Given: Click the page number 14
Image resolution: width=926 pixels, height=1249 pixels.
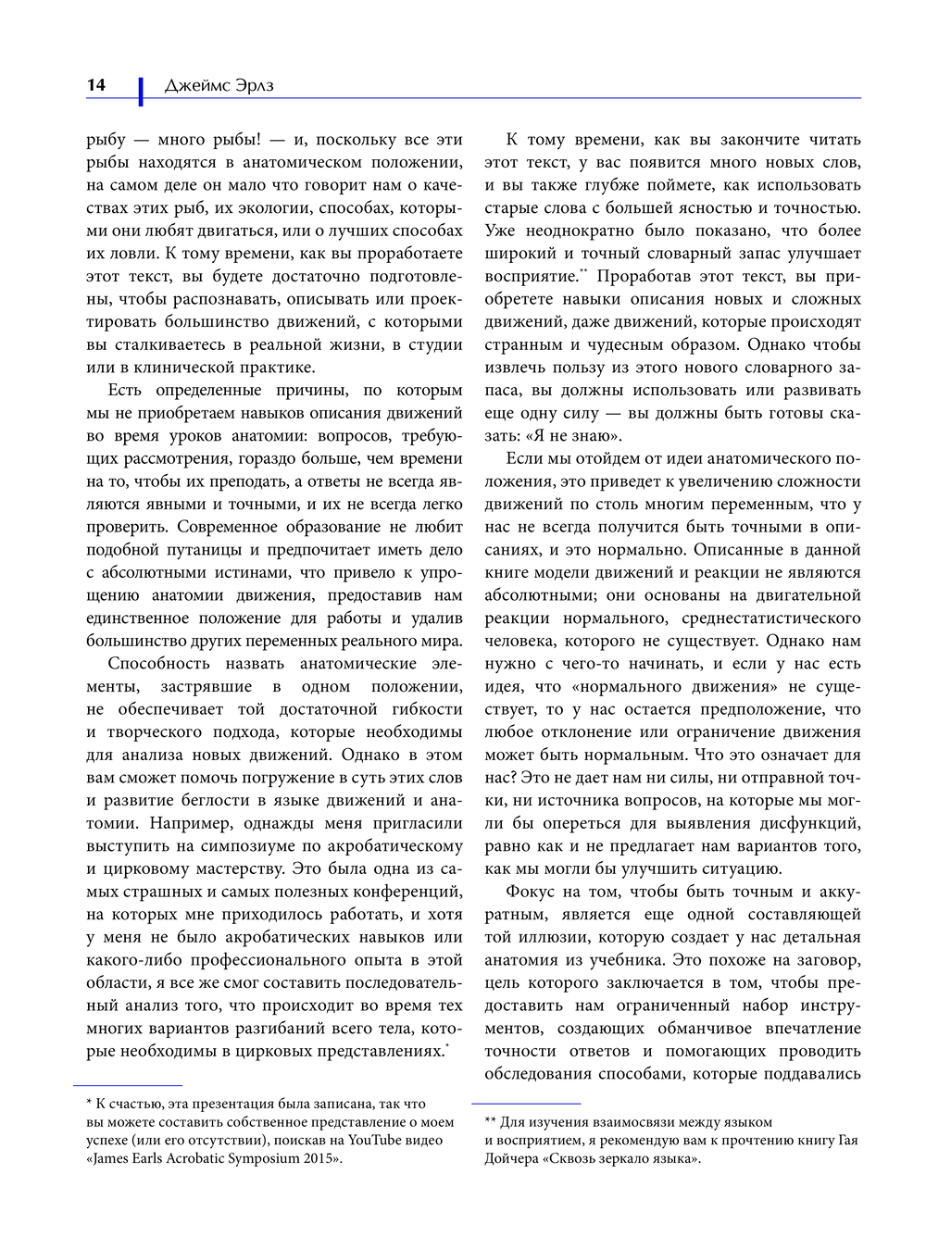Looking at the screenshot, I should tap(96, 85).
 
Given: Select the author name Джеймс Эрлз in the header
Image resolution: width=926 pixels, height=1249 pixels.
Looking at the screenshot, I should tap(219, 86).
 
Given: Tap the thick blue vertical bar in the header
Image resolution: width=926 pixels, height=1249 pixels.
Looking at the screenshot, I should tap(141, 90).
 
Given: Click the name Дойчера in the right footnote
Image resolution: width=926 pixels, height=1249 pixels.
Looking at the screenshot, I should tap(514, 1158).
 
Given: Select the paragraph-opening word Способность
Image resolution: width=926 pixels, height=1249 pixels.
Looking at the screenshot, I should tap(159, 664).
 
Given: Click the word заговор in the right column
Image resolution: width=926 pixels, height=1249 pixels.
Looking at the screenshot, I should tap(831, 960).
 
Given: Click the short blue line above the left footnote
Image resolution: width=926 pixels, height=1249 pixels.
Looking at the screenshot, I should tap(128, 1084).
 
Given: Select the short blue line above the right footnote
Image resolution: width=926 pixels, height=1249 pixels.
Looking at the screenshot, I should tap(526, 1103).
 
